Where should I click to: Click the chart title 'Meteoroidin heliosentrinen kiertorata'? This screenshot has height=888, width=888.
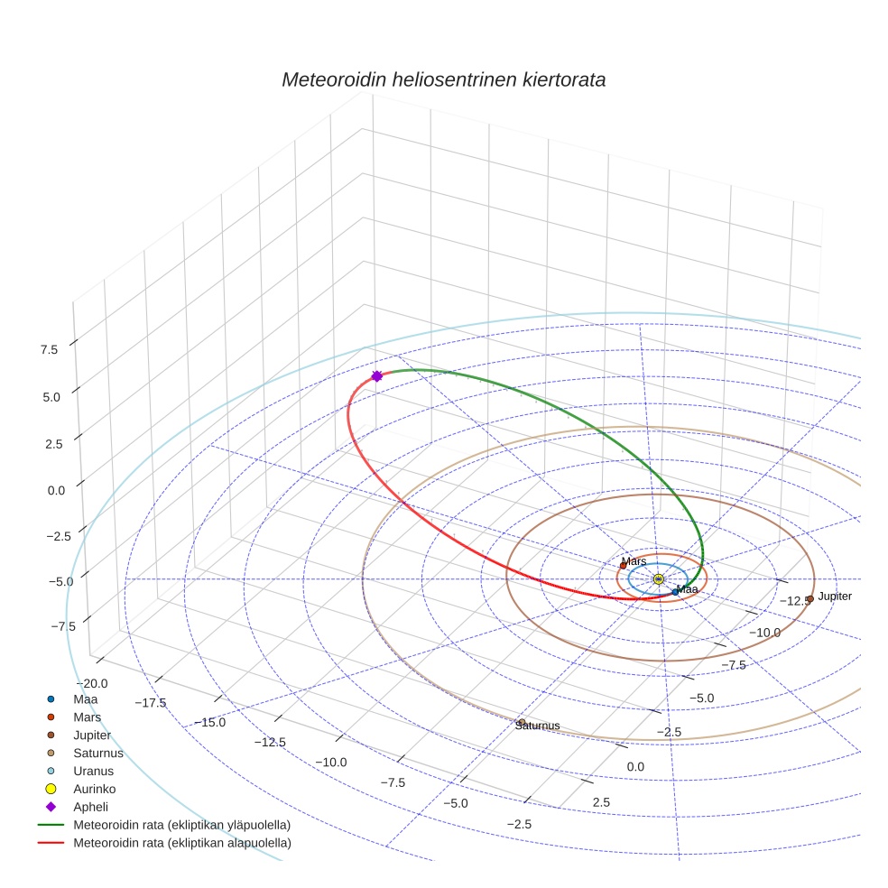coord(443,79)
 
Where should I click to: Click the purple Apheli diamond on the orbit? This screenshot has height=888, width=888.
coord(377,376)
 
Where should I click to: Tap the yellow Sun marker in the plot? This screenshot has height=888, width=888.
coord(658,578)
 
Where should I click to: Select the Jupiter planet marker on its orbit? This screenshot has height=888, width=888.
coord(809,598)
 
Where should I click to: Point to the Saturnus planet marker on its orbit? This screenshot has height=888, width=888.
coord(521,722)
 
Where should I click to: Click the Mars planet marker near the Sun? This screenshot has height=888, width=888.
coord(623,566)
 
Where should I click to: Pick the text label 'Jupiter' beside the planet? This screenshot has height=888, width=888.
coord(835,597)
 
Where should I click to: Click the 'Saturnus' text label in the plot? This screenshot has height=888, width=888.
coord(538,726)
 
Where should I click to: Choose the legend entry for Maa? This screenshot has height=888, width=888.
coord(86,698)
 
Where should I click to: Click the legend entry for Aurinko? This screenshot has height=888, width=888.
coord(95,789)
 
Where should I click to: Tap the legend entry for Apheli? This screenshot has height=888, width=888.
coord(90,807)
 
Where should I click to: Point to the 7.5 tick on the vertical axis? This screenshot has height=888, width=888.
coord(49,349)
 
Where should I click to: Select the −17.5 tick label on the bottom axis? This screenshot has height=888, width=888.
coord(149,703)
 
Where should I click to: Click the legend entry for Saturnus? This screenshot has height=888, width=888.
coord(98,753)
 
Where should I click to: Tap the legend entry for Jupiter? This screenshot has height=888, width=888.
coord(92,735)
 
